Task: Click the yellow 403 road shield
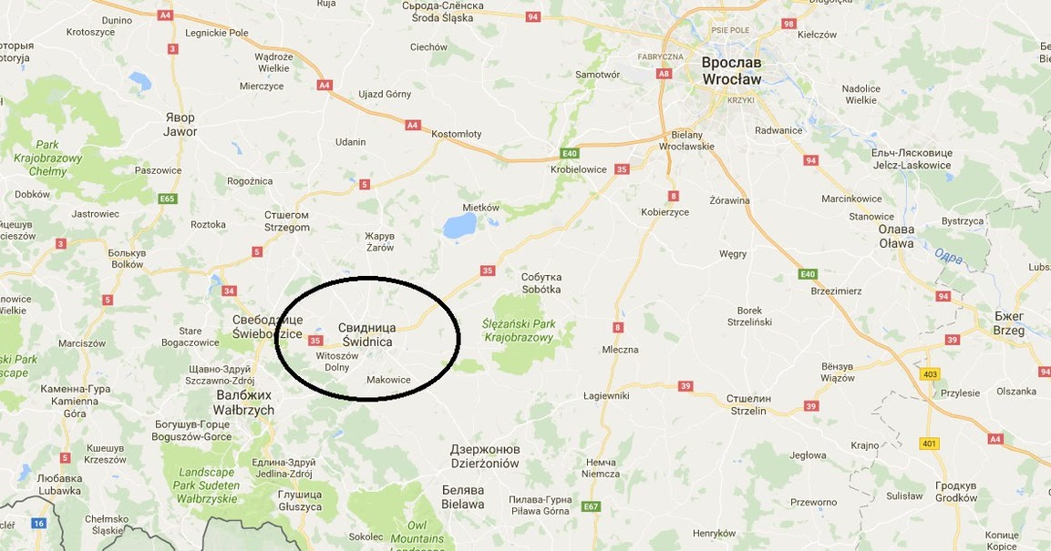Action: (x=930, y=374)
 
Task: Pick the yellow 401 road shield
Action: (x=929, y=444)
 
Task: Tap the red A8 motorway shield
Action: (x=664, y=74)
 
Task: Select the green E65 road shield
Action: (x=167, y=199)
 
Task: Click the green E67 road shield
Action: (x=592, y=506)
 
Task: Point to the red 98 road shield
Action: (x=788, y=24)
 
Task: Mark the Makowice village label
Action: (x=387, y=380)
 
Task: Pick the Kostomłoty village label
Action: (x=456, y=134)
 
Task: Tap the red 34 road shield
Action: (x=229, y=291)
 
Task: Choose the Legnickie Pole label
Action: (x=217, y=33)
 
